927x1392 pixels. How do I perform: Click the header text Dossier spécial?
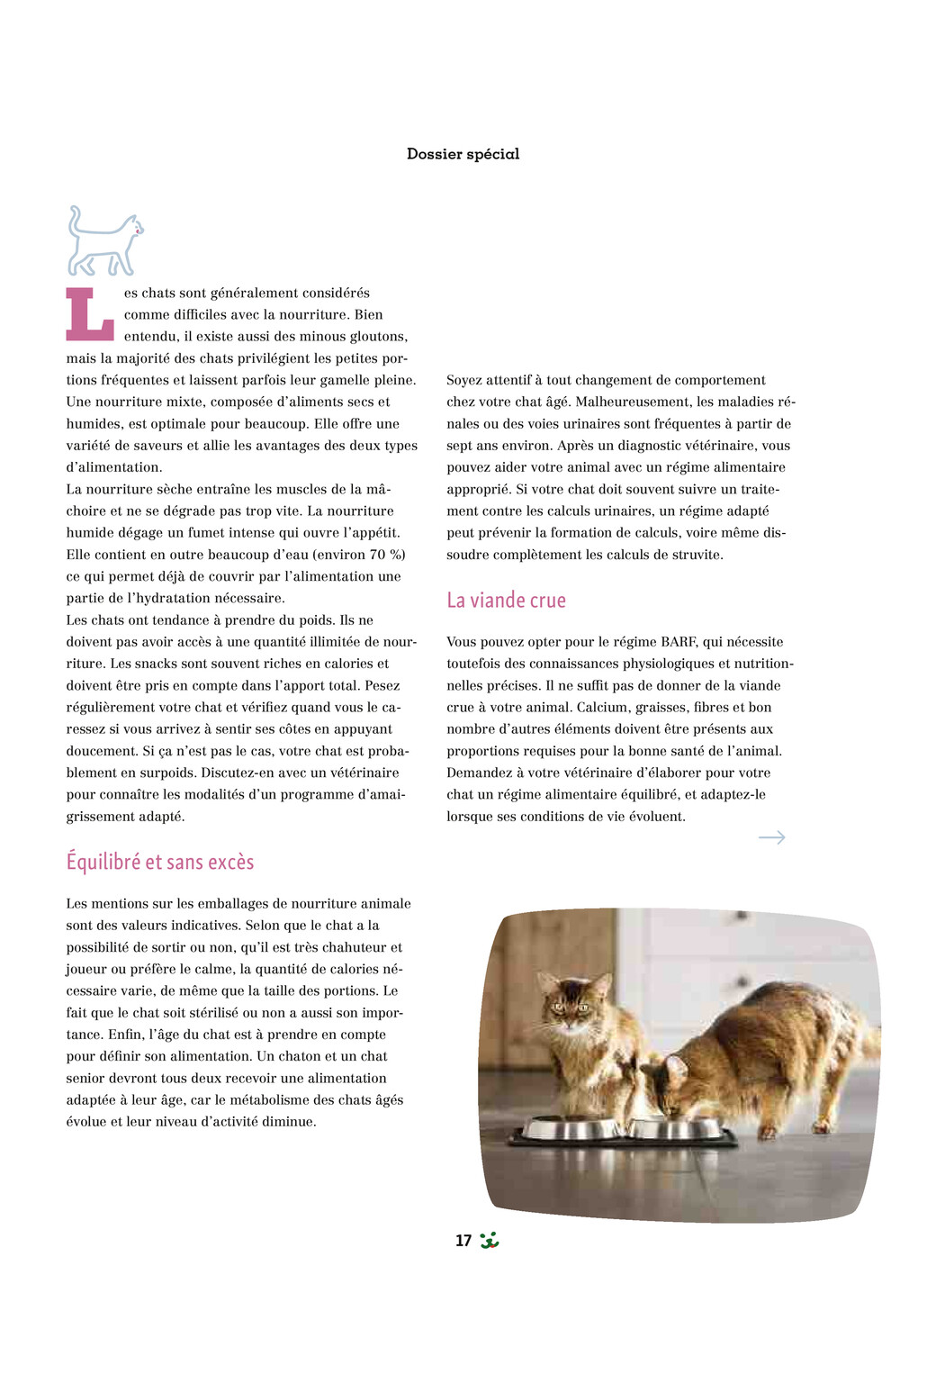(x=463, y=154)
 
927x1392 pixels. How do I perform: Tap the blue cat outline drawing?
(x=104, y=241)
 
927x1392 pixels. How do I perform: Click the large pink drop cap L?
(x=89, y=314)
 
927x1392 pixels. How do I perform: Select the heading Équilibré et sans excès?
(x=160, y=862)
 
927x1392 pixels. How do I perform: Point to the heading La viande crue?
(x=506, y=600)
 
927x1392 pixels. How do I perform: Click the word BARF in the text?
(x=679, y=642)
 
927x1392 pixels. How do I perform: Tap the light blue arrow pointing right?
(x=771, y=837)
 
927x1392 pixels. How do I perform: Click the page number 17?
(x=463, y=1241)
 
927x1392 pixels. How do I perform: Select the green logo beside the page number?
(x=490, y=1240)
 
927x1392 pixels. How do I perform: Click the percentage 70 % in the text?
(x=388, y=555)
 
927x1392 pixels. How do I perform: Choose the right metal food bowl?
(x=675, y=1126)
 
